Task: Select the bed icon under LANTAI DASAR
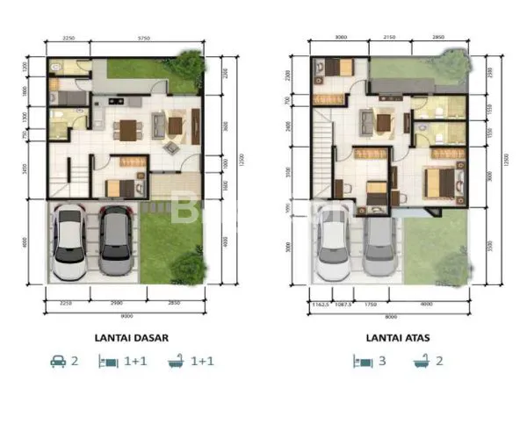[x=110, y=361]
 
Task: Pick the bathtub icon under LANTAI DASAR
[x=176, y=361]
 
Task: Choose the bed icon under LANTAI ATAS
[x=359, y=361]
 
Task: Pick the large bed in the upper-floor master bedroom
[x=439, y=183]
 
